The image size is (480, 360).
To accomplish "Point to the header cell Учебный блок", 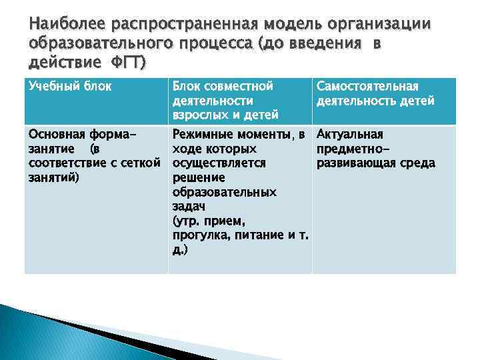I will tap(69, 86).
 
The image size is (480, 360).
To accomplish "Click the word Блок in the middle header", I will tap(189, 86).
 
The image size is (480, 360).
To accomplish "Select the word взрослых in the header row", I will tap(199, 115).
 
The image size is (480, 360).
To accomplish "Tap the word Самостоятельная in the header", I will tap(367, 86).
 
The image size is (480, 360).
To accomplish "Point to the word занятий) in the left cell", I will tap(53, 178).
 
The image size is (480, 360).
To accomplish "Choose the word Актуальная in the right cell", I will tap(349, 135).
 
